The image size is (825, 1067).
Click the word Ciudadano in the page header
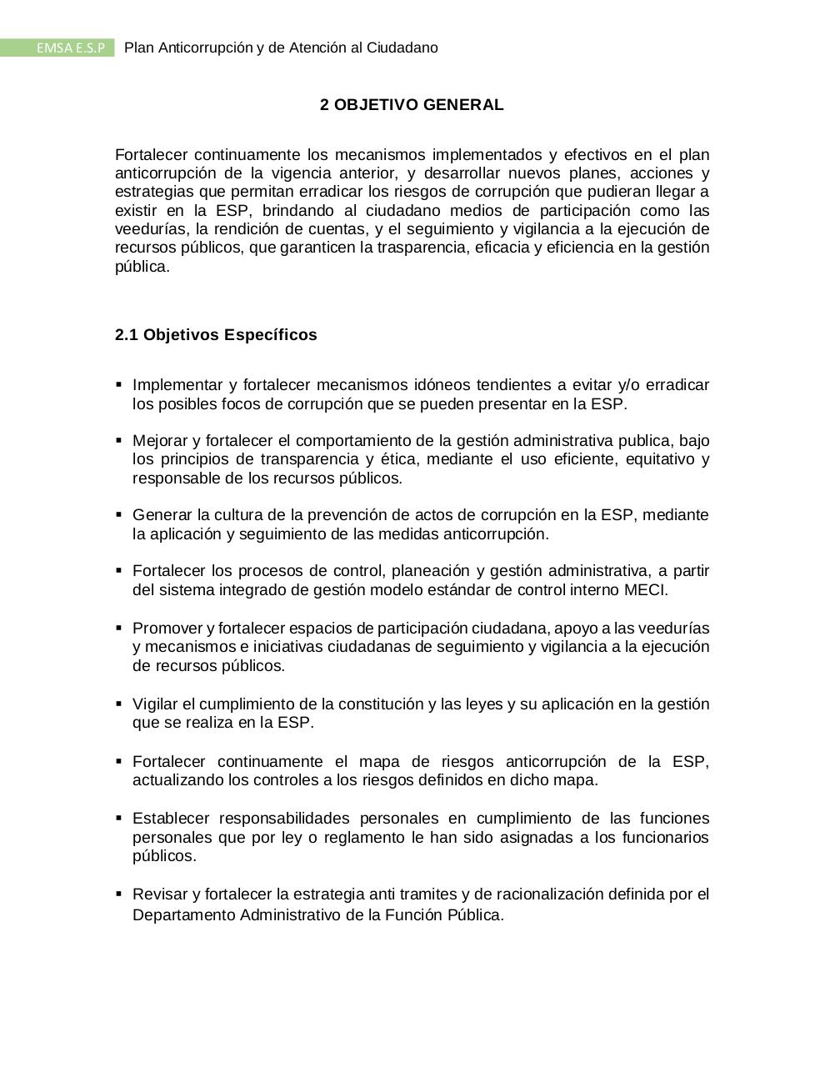pyautogui.click(x=402, y=48)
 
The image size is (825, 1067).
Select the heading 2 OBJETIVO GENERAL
pyautogui.click(x=412, y=105)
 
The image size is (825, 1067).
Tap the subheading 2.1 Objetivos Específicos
pyautogui.click(x=216, y=335)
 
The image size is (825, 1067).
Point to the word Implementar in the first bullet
pyautogui.click(x=177, y=385)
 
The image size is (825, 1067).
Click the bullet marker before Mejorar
pyautogui.click(x=119, y=439)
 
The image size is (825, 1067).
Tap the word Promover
pyautogui.click(x=167, y=629)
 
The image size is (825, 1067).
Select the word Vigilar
pyautogui.click(x=154, y=704)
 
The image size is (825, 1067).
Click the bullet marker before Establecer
pyautogui.click(x=119, y=817)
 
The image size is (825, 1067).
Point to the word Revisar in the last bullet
pyautogui.click(x=160, y=894)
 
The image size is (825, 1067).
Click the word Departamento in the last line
pyautogui.click(x=184, y=915)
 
